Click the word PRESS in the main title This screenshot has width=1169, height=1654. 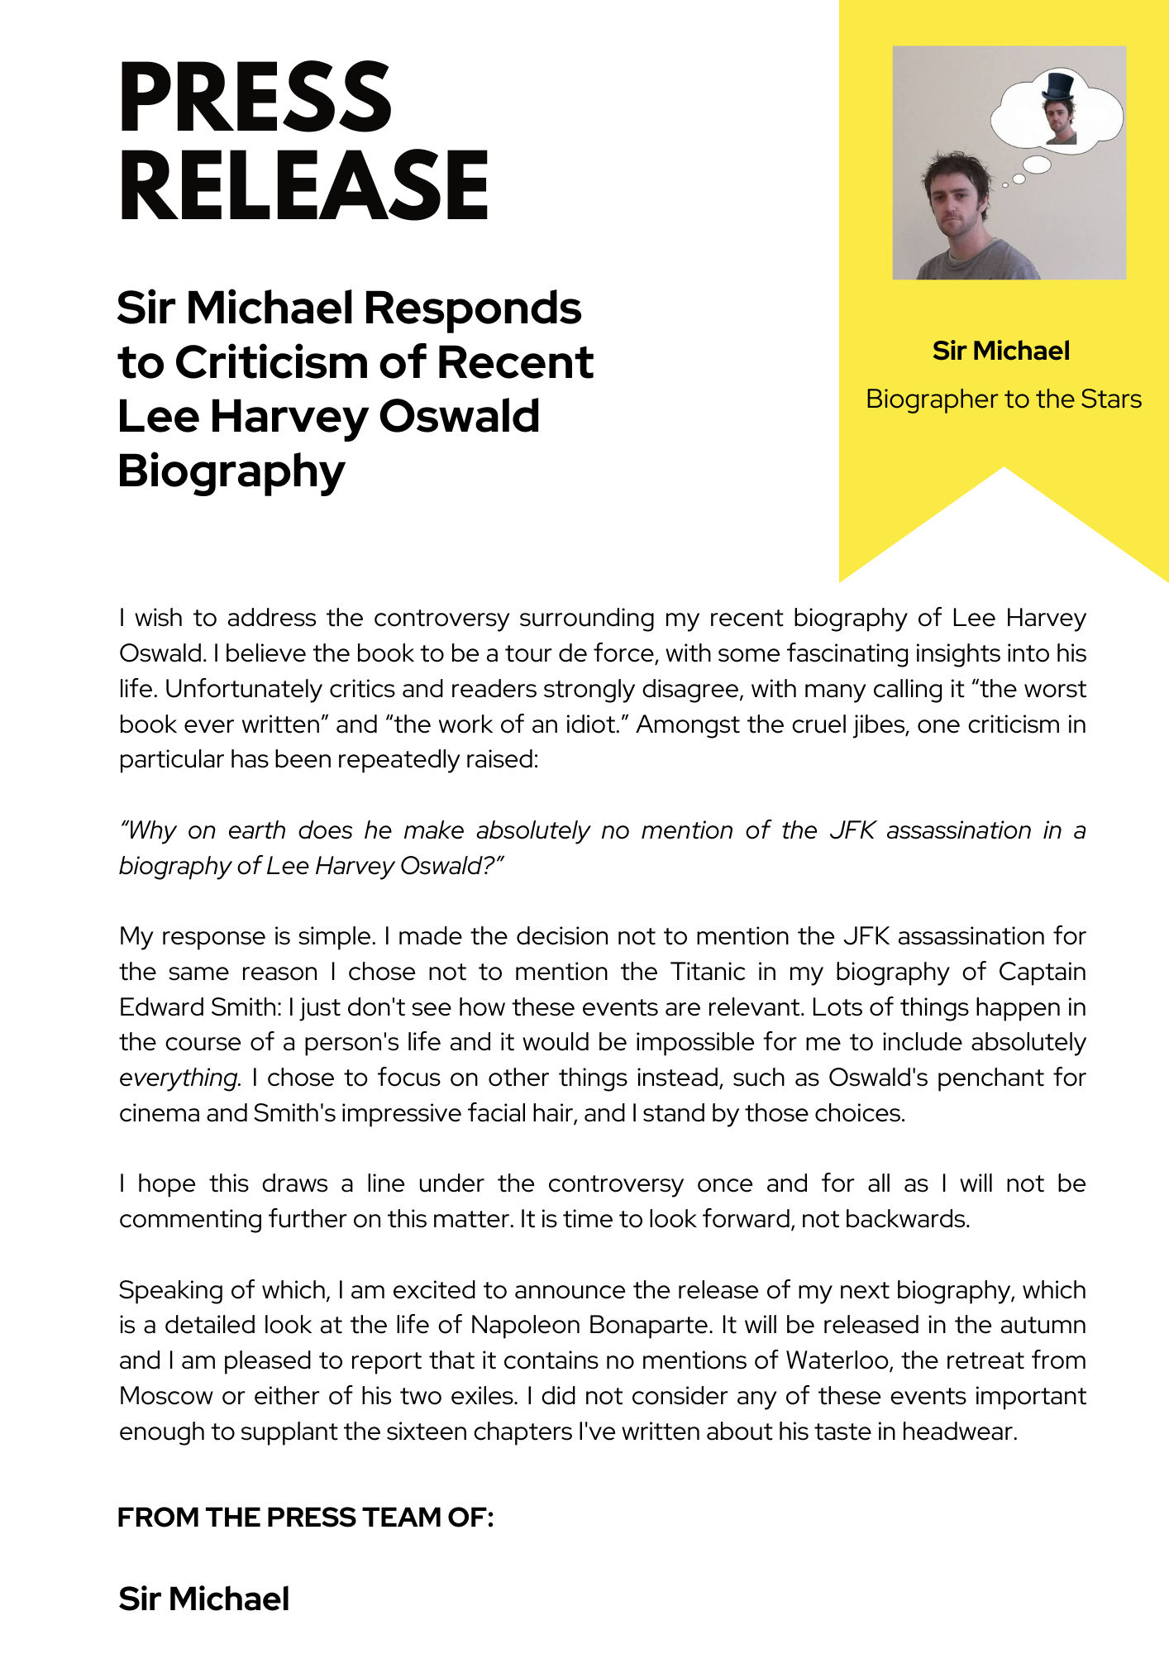point(255,97)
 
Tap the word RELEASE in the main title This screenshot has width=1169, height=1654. point(303,186)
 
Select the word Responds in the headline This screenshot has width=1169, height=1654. point(472,308)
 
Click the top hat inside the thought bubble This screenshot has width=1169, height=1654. point(1057,87)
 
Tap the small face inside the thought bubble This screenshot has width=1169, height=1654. point(1059,120)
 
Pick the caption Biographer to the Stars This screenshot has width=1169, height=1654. point(1003,399)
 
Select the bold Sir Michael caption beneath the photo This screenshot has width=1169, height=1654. point(1000,351)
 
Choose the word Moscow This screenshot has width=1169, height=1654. point(165,1396)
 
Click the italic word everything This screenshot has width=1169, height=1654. point(179,1078)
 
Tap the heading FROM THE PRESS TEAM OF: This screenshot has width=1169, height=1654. point(305,1518)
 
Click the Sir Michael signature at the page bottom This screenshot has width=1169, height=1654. point(204,1599)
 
